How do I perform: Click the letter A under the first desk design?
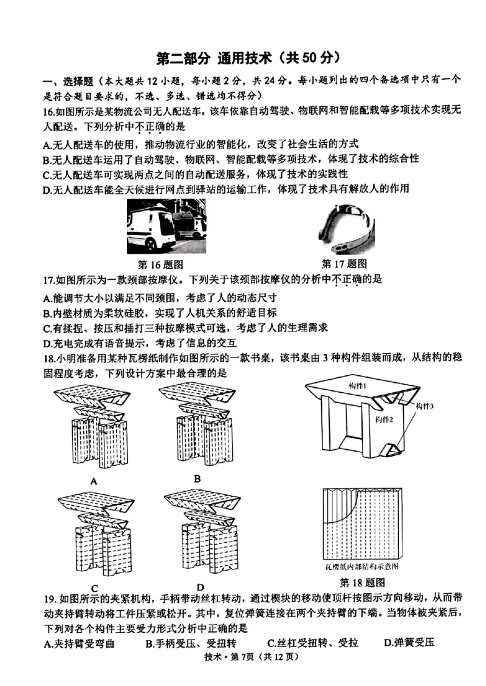94,481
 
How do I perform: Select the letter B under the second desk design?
197,478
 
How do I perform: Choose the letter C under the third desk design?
94,587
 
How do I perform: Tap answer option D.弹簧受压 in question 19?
405,643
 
